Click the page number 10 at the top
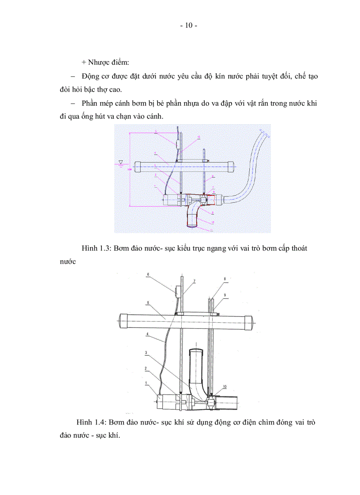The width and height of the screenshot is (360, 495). [x=189, y=26]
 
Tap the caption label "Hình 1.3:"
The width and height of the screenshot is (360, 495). [x=96, y=249]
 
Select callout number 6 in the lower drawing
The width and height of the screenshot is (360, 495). [x=148, y=274]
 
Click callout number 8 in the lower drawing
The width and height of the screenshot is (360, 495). [x=225, y=279]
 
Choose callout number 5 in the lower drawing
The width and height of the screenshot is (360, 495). [x=148, y=303]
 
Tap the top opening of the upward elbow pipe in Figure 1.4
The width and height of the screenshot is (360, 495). [x=196, y=351]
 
